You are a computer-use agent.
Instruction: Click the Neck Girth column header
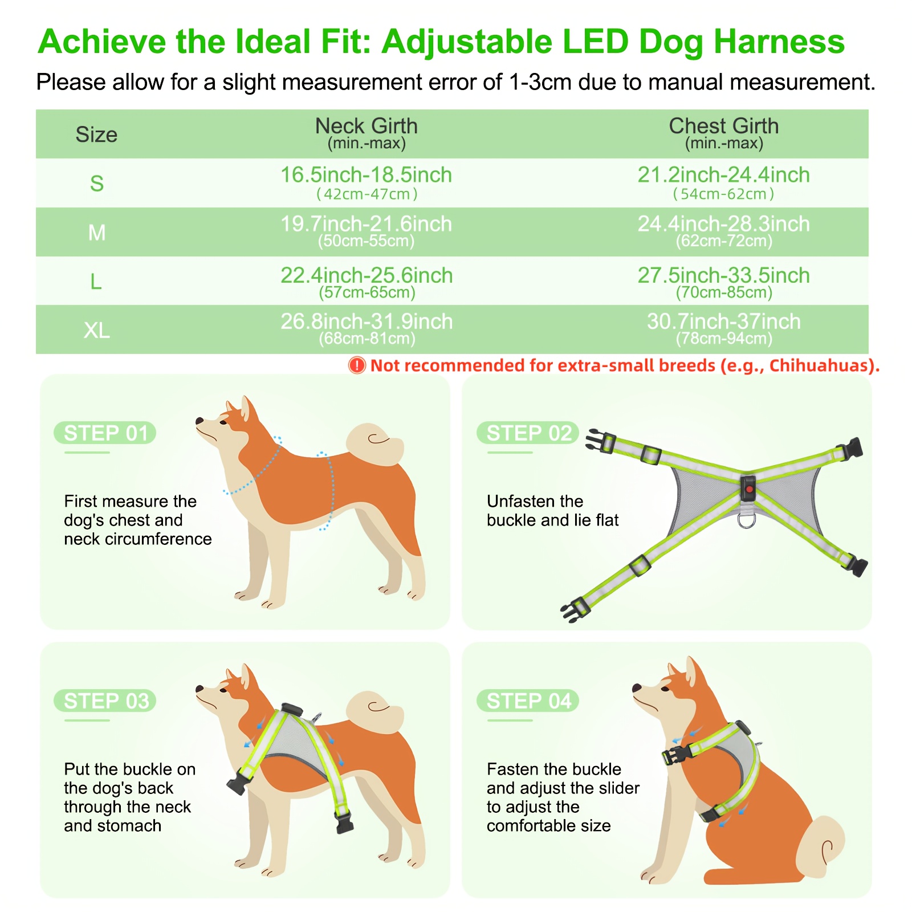[367, 133]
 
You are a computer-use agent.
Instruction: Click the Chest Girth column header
[724, 133]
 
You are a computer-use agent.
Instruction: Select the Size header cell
[96, 135]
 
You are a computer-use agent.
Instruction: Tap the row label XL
[96, 330]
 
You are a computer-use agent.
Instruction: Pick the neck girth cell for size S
[367, 183]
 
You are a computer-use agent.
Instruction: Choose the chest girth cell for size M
[724, 231]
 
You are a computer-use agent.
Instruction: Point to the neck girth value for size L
[367, 283]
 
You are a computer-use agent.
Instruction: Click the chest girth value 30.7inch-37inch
[724, 321]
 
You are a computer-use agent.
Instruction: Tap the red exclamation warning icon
[357, 365]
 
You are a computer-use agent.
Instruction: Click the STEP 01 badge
[105, 433]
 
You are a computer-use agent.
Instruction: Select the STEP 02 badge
[528, 433]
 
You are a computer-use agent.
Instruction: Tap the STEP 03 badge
[105, 701]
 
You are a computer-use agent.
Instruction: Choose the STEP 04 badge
[528, 701]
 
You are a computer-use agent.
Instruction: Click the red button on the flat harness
[749, 489]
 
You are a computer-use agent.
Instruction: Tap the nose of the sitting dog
[636, 689]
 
